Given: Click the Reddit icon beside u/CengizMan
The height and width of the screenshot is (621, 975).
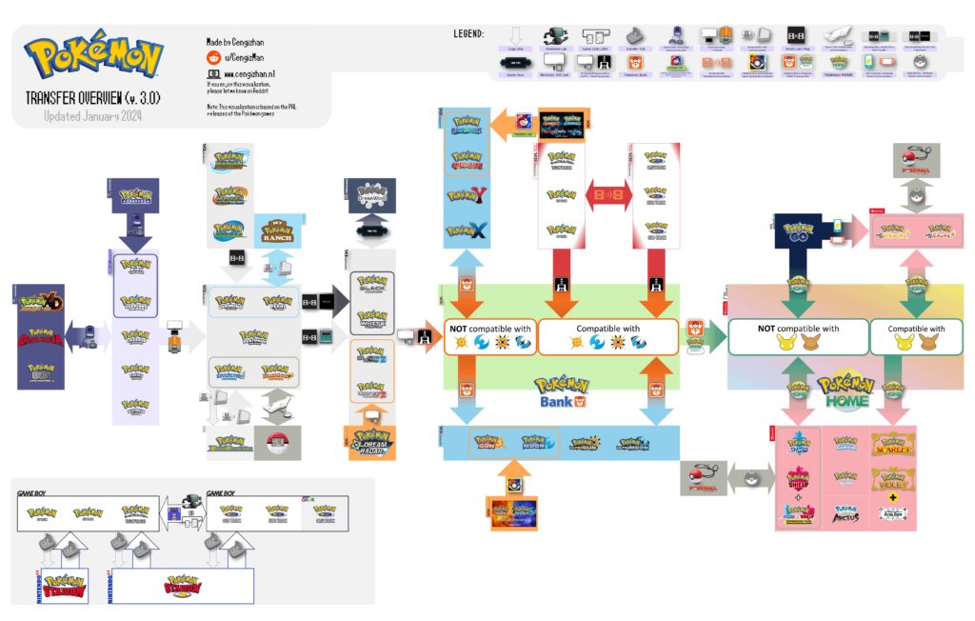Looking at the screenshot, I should pos(213,58).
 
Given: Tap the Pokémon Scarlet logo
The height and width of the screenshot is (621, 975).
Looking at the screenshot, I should pos(892,445).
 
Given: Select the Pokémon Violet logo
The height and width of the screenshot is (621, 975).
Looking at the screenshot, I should pos(892,477).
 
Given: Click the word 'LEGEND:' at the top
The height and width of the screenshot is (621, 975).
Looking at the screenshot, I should pos(472,34).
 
